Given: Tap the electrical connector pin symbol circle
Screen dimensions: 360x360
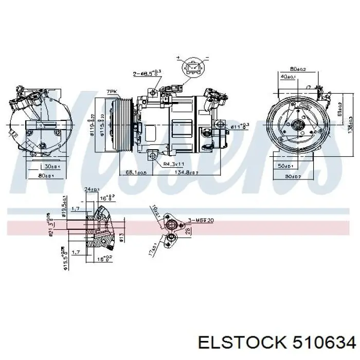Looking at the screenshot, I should coord(192,68).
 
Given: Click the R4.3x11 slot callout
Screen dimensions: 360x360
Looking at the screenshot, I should coord(174,164).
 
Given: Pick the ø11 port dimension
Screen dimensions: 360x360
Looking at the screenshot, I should coord(239,125).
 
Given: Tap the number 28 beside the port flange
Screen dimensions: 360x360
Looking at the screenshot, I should coord(188,230).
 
